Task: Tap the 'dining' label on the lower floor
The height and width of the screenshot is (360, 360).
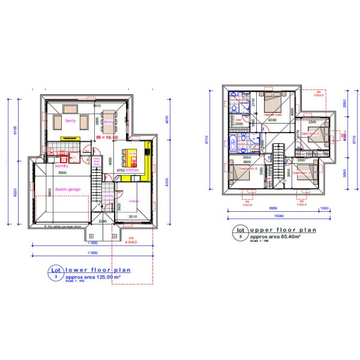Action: pos(108,122)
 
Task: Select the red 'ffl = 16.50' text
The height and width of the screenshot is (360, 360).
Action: pos(107,137)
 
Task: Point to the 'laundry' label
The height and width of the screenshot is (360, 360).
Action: pos(62,166)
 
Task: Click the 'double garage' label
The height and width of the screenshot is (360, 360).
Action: pos(68,188)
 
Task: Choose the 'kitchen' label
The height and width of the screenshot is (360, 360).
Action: pos(133,170)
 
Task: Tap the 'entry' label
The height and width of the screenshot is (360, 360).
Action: pos(109,196)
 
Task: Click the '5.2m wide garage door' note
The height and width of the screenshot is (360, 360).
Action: pos(65,227)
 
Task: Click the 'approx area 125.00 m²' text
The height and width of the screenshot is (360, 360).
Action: pos(94,278)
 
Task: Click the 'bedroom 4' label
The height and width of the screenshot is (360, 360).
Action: pos(248,169)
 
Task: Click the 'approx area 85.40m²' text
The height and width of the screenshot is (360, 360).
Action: pos(275,237)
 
